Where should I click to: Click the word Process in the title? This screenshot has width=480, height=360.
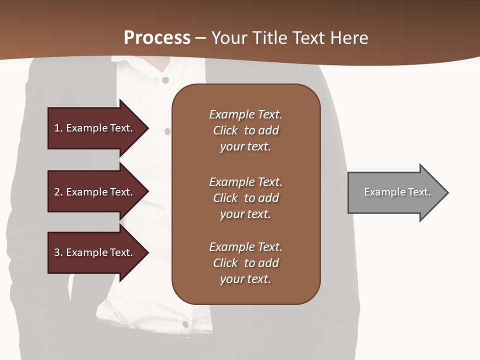click(157, 37)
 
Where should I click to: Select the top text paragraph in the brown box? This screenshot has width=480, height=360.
click(245, 130)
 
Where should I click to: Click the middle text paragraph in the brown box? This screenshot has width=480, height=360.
click(245, 198)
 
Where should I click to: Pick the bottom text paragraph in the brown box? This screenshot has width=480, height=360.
click(245, 263)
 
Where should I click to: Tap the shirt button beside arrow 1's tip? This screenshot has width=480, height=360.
click(167, 131)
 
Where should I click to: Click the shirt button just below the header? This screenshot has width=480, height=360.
click(165, 80)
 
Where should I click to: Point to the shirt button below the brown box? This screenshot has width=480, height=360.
click(185, 324)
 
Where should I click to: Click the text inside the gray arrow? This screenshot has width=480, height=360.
click(397, 192)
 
